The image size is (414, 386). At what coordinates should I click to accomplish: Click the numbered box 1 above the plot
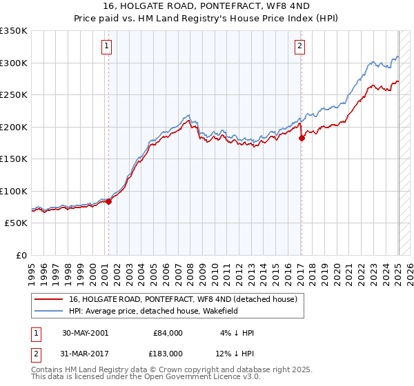[108, 47]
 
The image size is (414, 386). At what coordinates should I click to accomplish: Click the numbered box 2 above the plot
[300, 47]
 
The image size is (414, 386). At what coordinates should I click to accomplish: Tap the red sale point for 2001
[108, 202]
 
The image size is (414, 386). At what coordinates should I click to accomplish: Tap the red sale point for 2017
[302, 139]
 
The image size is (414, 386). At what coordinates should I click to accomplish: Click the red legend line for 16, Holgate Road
[48, 300]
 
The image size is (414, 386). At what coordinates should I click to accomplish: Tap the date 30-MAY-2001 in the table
[84, 333]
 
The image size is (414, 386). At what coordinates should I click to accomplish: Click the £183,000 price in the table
[168, 353]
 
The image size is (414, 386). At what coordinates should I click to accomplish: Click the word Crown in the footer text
[161, 370]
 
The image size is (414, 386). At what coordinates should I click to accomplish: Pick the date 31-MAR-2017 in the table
[84, 353]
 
